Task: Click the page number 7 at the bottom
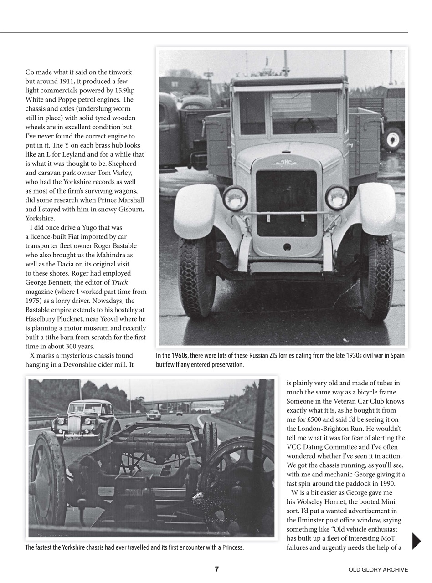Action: (x=217, y=569)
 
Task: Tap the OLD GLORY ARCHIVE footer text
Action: (x=378, y=570)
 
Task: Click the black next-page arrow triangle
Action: (x=417, y=541)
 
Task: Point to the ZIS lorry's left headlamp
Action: (x=235, y=198)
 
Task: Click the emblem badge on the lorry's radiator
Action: (x=286, y=163)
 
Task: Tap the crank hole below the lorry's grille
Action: (x=287, y=247)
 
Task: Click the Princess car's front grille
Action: (x=73, y=425)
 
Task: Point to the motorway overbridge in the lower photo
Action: (x=182, y=401)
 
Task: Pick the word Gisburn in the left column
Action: (x=129, y=209)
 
